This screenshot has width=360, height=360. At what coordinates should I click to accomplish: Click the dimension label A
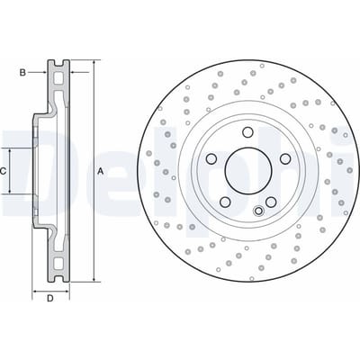pyautogui.click(x=101, y=172)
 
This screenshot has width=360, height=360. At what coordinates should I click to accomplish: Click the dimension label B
pyautogui.click(x=22, y=73)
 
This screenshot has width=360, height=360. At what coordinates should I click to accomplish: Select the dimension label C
pyautogui.click(x=3, y=172)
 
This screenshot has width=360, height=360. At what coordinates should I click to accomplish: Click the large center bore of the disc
pyautogui.click(x=248, y=170)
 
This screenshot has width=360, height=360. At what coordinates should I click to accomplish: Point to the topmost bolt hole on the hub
pyautogui.click(x=247, y=132)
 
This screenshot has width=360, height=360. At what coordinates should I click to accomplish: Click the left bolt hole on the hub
pyautogui.click(x=211, y=158)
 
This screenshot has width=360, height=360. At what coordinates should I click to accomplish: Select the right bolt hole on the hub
pyautogui.click(x=284, y=158)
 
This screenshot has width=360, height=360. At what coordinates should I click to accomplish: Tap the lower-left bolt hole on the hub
pyautogui.click(x=225, y=202)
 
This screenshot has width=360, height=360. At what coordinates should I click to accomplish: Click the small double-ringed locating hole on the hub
pyautogui.click(x=258, y=211)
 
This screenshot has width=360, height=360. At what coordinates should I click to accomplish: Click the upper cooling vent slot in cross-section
pyautogui.click(x=58, y=79)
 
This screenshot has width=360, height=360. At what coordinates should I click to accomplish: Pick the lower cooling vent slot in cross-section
pyautogui.click(x=58, y=263)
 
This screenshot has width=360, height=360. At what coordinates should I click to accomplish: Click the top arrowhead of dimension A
pyautogui.click(x=94, y=62)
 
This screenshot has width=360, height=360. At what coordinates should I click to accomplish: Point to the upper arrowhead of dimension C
pyautogui.click(x=10, y=150)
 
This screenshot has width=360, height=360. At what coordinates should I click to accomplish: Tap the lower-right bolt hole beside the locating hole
pyautogui.click(x=271, y=202)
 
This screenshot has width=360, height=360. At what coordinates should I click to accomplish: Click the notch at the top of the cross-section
pyautogui.click(x=58, y=63)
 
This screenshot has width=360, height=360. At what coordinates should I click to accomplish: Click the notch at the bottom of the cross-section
pyautogui.click(x=58, y=279)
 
